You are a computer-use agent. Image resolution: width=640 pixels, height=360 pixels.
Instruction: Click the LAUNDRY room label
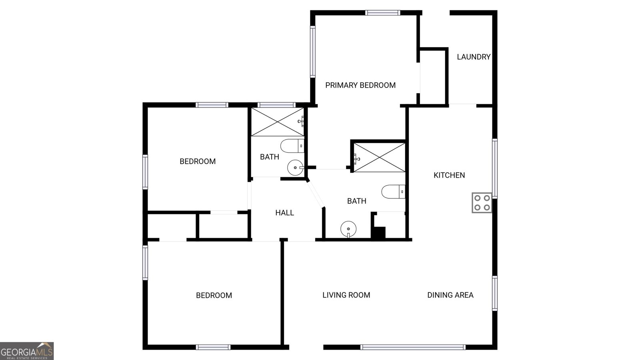coord(474,57)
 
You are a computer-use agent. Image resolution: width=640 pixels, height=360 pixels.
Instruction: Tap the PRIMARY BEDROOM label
coord(360,85)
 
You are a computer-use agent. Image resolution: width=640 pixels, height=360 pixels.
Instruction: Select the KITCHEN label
coord(449,175)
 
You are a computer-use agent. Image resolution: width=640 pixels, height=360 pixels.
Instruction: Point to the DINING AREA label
coord(450,295)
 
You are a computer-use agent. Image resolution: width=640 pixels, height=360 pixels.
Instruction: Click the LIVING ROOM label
coord(346,295)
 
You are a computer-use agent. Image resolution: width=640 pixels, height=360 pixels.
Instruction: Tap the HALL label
coord(284,213)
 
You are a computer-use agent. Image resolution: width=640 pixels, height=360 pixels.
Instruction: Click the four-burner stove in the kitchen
coord(482,202)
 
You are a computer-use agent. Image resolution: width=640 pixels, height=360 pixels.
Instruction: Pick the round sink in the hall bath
coord(295,168)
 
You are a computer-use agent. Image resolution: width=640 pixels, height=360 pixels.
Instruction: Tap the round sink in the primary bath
coord(348,229)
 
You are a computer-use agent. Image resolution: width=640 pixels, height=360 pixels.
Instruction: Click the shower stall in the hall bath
coord(277,122)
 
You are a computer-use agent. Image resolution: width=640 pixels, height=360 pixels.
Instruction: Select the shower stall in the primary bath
coord(379,158)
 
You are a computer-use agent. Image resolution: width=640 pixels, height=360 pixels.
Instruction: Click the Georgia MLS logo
coord(27,351)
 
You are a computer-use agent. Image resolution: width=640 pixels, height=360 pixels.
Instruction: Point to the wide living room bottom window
coord(412,347)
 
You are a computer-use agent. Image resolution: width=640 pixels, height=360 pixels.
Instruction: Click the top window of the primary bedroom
coord(383,13)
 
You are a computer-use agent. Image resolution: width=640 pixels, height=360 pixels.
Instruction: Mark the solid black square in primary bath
coord(378,233)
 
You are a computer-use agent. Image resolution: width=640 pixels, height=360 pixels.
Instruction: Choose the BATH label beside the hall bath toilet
coord(270,157)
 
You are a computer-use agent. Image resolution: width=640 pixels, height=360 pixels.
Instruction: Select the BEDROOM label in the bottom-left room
coord(214,296)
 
